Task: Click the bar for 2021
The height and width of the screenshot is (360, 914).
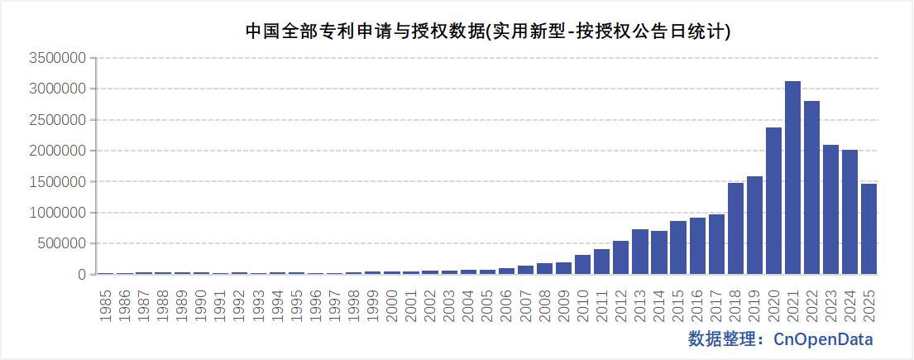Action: (x=792, y=178)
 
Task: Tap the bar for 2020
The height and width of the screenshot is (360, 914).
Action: (x=773, y=201)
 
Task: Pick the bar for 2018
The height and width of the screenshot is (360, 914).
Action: (x=735, y=228)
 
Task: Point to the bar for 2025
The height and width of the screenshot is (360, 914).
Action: (x=869, y=229)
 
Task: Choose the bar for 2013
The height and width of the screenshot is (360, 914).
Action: (x=639, y=252)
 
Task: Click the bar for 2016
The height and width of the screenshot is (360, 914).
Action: (x=697, y=246)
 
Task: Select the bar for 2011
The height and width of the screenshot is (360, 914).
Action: (x=601, y=262)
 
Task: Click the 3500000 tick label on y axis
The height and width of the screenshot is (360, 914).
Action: (x=58, y=59)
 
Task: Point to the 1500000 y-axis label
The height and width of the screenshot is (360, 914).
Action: (x=58, y=182)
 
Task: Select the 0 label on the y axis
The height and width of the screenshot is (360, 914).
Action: (x=82, y=275)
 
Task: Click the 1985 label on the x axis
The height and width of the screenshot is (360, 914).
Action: (x=106, y=303)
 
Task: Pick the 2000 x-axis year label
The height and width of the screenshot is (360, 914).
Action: (x=392, y=303)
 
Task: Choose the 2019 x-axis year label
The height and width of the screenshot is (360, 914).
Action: (x=754, y=303)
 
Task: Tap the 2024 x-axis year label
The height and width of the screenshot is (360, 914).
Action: (x=849, y=303)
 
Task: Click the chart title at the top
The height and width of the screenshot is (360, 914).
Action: (x=487, y=31)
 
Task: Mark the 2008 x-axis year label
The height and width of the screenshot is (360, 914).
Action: (x=544, y=303)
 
